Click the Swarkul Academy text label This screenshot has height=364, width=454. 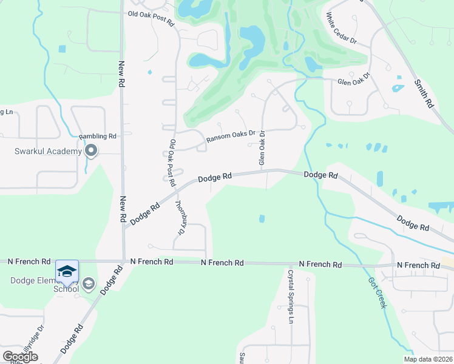coord(48,150)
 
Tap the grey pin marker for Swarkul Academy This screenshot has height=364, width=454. coord(92,150)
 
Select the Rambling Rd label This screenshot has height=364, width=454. coord(98,136)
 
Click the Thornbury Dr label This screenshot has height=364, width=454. coord(180,218)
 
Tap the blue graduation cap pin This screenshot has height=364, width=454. coord(67,271)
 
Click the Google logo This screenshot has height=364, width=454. coord(20,357)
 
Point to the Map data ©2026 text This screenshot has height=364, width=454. coord(429,359)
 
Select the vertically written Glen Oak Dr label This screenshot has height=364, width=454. coord(262,148)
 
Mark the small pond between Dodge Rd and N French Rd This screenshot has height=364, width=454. coord(262,218)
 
